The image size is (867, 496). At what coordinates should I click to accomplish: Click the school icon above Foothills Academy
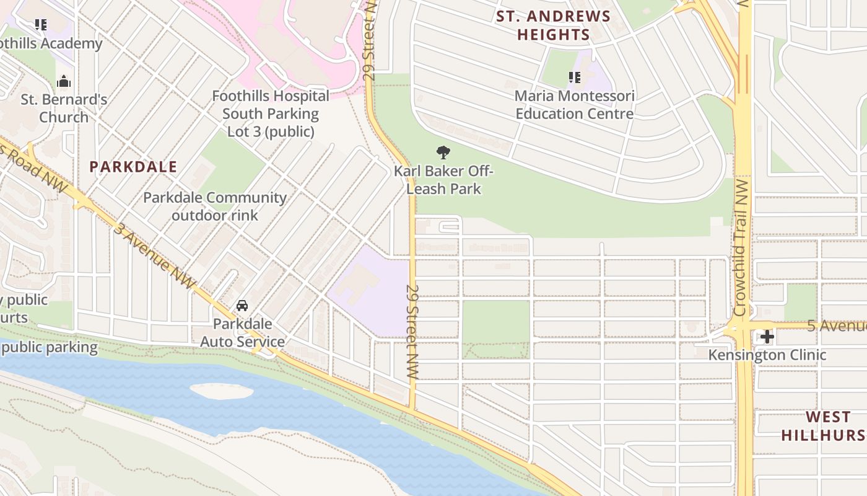pyautogui.click(x=41, y=25)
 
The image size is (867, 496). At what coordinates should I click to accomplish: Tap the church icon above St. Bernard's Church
pyautogui.click(x=64, y=81)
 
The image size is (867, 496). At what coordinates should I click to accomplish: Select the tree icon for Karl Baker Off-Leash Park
pyautogui.click(x=443, y=152)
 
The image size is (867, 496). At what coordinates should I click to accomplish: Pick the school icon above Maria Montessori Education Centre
pyautogui.click(x=575, y=77)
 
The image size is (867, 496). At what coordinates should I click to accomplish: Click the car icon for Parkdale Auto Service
pyautogui.click(x=242, y=306)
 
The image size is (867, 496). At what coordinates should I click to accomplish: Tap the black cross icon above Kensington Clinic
pyautogui.click(x=767, y=337)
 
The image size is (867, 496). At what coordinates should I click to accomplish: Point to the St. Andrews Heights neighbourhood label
pyautogui.click(x=554, y=25)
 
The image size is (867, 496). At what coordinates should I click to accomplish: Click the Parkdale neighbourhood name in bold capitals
pyautogui.click(x=133, y=167)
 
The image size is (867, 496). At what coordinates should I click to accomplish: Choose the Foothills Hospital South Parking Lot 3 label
pyautogui.click(x=271, y=114)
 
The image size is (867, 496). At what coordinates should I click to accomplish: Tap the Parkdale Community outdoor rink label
pyautogui.click(x=215, y=206)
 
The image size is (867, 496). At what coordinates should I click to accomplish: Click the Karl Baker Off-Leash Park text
pyautogui.click(x=444, y=180)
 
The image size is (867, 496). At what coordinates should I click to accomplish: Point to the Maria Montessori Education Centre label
pyautogui.click(x=575, y=105)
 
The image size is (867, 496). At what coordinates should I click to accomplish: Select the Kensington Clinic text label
pyautogui.click(x=767, y=355)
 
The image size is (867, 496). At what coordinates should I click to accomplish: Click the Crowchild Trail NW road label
pyautogui.click(x=741, y=248)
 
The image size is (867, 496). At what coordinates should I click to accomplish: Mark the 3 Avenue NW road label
pyautogui.click(x=154, y=254)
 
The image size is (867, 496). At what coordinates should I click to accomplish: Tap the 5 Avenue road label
pyautogui.click(x=836, y=326)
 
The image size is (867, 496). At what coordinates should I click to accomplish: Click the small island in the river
pyautogui.click(x=221, y=391)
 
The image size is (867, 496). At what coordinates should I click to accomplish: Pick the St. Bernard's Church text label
pyautogui.click(x=64, y=108)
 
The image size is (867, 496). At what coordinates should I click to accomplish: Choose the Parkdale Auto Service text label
pyautogui.click(x=242, y=333)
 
